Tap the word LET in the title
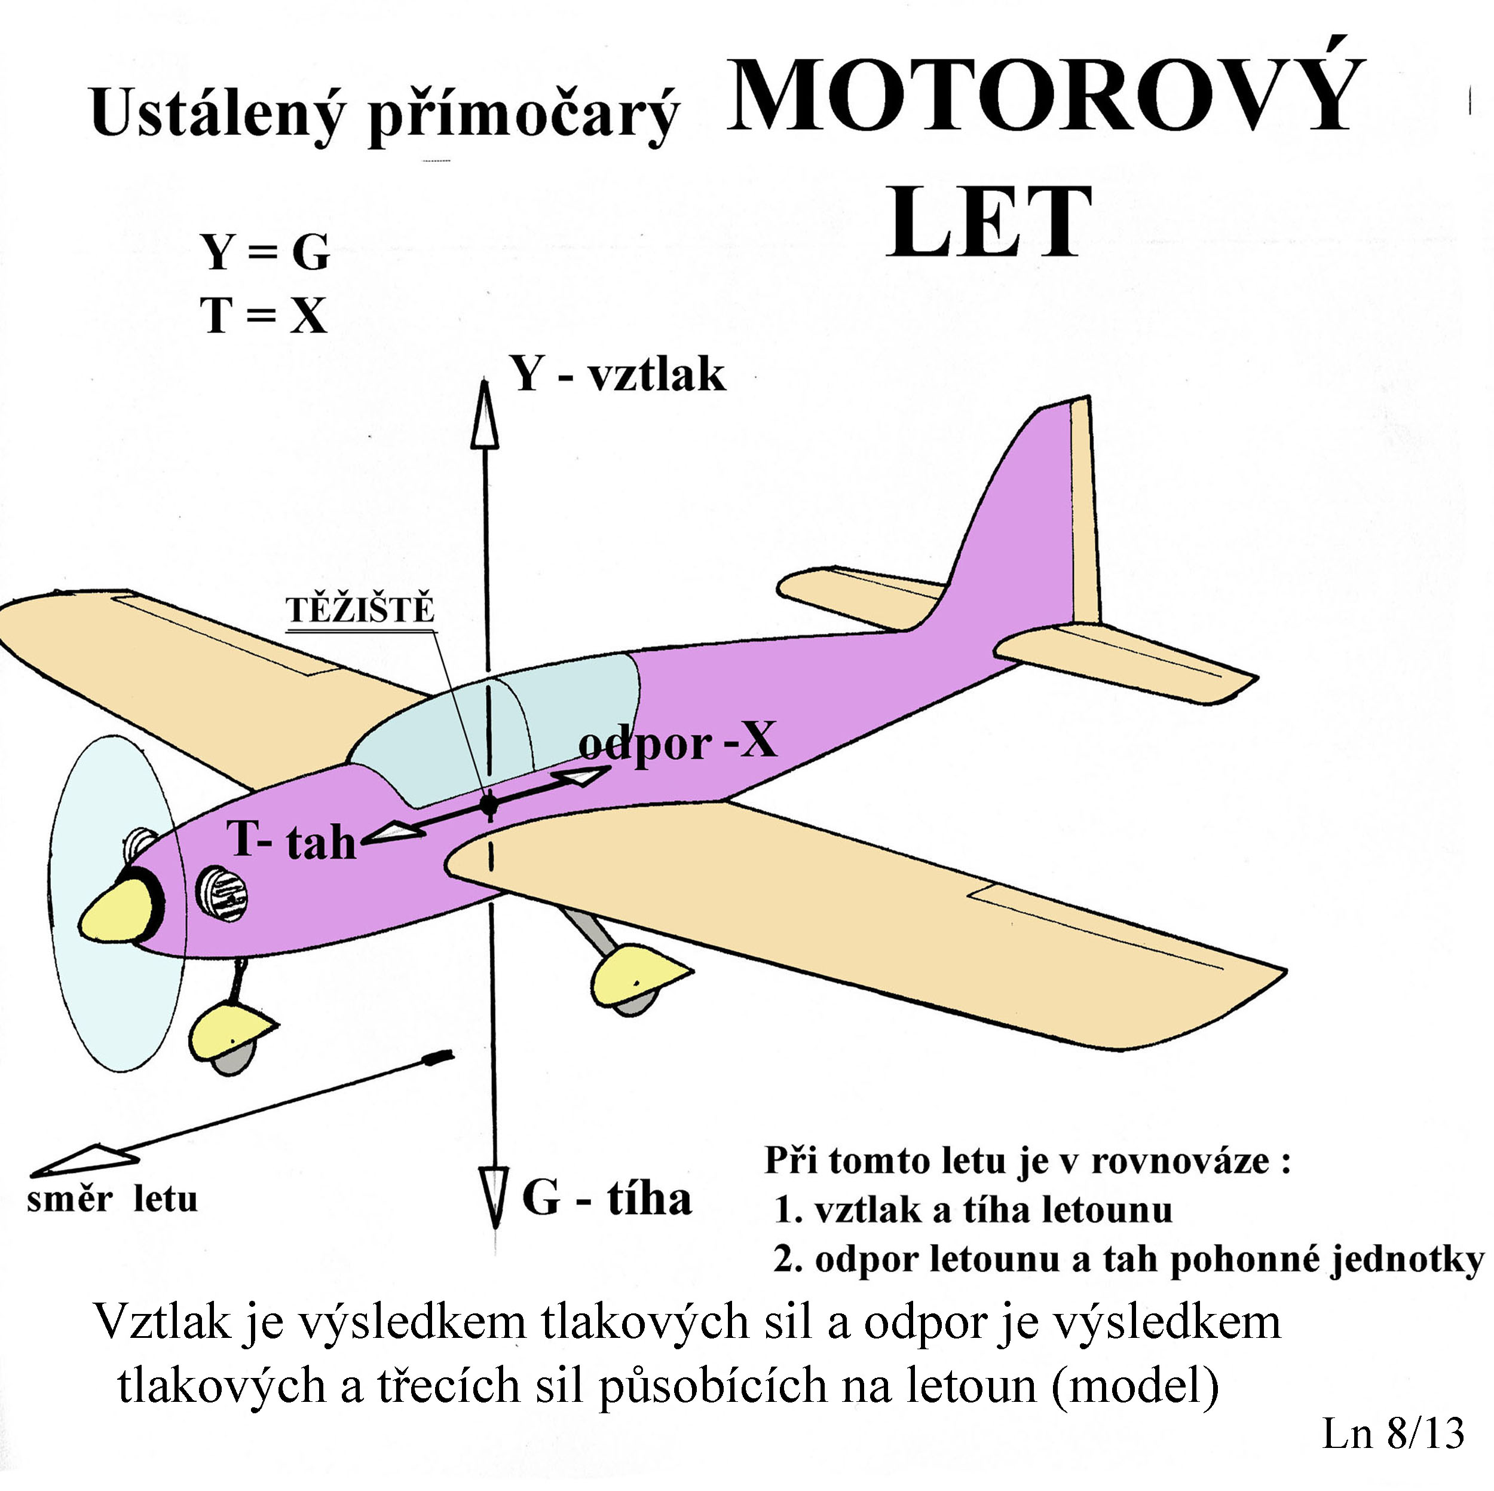coord(989,221)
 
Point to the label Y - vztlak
coord(618,375)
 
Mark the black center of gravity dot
coord(489,804)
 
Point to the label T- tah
coord(292,840)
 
